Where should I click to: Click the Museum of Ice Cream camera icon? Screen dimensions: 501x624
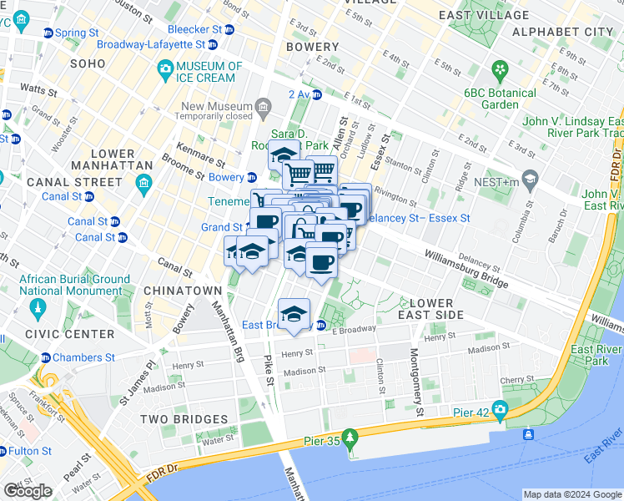coord(165,68)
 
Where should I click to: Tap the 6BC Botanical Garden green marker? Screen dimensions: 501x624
coord(501,68)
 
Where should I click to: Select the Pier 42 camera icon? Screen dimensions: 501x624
coord(500,408)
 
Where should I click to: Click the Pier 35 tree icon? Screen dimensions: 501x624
coord(352,436)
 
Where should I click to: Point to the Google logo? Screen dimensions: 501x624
coord(28,491)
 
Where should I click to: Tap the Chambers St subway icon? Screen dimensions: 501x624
coord(46,357)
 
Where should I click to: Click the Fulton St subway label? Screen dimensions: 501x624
coord(30,451)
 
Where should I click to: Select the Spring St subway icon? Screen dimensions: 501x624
coord(48,33)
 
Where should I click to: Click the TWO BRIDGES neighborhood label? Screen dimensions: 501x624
coord(184,419)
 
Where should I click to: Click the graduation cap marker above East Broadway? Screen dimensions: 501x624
coord(294,314)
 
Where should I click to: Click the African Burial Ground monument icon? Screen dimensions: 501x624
coord(37,311)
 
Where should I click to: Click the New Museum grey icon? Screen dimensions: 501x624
coord(264,106)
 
